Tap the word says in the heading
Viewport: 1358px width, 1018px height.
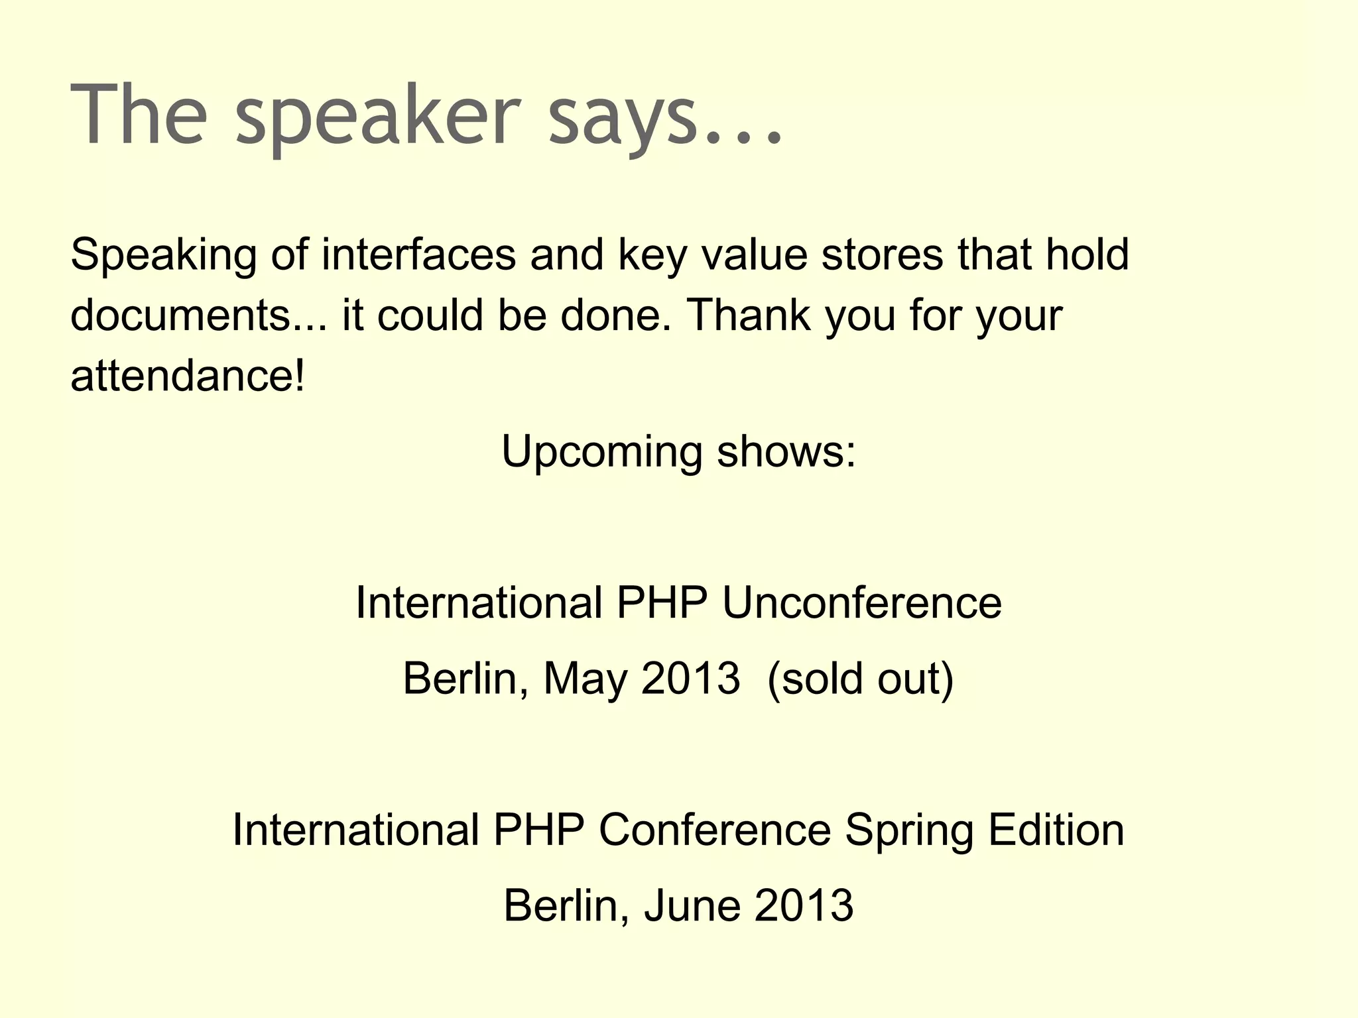click(623, 116)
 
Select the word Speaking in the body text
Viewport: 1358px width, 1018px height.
click(163, 256)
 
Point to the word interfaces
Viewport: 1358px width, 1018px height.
click(418, 254)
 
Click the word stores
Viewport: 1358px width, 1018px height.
click(882, 254)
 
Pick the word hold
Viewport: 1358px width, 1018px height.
click(1087, 254)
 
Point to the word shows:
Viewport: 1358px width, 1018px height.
click(786, 452)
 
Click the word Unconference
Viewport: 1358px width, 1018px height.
click(861, 603)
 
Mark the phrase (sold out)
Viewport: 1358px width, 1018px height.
click(860, 679)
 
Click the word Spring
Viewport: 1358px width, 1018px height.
click(909, 831)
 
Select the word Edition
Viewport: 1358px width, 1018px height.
click(1056, 830)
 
